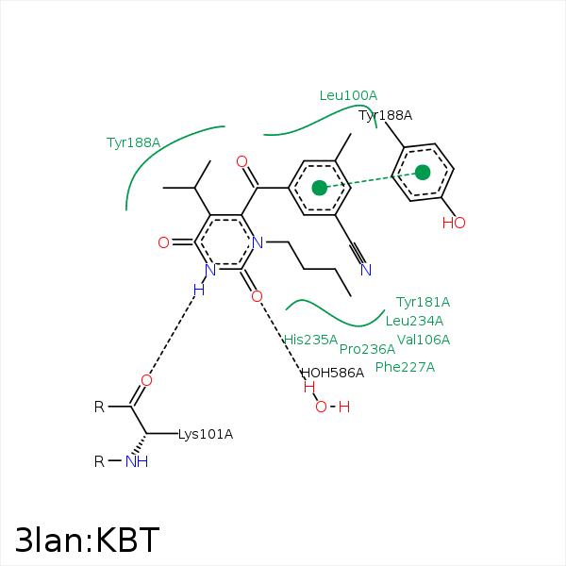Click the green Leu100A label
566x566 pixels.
(348, 95)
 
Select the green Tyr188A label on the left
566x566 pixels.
(133, 142)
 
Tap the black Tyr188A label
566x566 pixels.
(385, 115)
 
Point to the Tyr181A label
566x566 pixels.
(423, 302)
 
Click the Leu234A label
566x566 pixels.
(414, 321)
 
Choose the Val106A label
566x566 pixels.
(424, 340)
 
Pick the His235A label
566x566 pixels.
(310, 340)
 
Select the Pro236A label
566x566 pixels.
(367, 349)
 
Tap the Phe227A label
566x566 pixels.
(405, 367)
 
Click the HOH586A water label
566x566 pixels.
(332, 373)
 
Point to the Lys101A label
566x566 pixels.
(206, 435)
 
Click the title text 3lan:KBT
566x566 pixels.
(87, 540)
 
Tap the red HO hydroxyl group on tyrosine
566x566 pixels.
(454, 224)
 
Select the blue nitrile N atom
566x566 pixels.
(366, 270)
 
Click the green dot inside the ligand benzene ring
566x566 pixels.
(320, 188)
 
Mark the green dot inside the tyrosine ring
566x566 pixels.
(423, 172)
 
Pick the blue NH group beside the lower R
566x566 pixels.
(137, 461)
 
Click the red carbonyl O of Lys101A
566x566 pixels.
(146, 380)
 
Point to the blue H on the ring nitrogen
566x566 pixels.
(198, 291)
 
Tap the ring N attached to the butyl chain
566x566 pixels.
(257, 242)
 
